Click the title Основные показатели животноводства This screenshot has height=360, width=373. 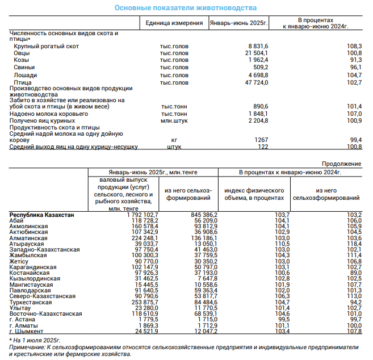(186, 8)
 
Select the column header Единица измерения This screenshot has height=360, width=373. (174, 23)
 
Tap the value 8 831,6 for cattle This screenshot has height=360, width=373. (258, 46)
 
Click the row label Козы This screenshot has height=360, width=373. (21, 60)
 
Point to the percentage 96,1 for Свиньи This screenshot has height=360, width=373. (355, 68)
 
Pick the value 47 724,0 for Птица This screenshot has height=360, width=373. (257, 82)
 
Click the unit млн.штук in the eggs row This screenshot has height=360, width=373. (174, 121)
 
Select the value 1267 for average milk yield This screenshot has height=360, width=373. (261, 140)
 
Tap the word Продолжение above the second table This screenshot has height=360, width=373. (341, 164)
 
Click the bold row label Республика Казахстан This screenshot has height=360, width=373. (41, 215)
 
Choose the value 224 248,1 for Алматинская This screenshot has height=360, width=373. (145, 238)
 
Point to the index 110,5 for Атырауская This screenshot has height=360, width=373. (282, 244)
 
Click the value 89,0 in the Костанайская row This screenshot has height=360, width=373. (355, 273)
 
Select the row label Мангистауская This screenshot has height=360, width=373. (31, 285)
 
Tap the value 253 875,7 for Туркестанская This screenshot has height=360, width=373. (145, 303)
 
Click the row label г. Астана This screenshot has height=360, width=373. (22, 320)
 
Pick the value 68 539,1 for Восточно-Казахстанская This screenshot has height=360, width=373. (206, 314)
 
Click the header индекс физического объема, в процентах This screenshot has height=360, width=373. (254, 194)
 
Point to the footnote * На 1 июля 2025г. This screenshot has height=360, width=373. (35, 341)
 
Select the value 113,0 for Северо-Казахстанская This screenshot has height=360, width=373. (354, 296)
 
